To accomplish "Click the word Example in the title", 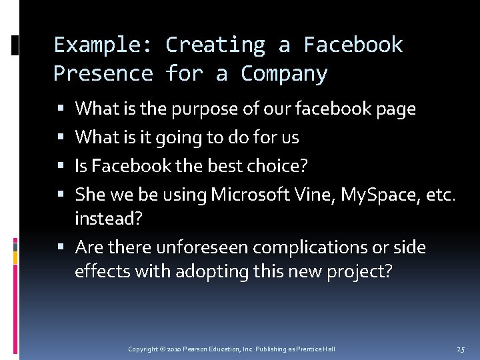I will tap(95, 45).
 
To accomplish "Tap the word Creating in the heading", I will tap(215, 45).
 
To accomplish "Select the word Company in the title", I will tap(284, 73).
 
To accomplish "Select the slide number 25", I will tap(461, 349).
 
